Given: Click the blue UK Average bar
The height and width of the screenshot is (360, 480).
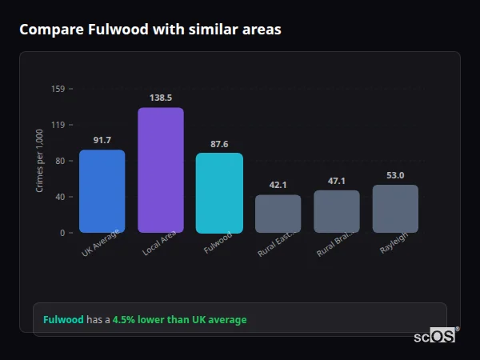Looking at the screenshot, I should coord(102,191).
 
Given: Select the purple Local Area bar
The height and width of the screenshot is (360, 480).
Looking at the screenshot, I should coord(160,170).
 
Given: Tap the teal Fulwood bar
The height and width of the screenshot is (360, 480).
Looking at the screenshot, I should coord(219,193).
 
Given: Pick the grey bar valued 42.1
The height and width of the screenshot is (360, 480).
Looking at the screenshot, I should coord(278,214).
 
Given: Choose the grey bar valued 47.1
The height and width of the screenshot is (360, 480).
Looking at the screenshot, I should coord(336,211).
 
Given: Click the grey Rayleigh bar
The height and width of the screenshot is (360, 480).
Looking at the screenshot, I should coord(395,209).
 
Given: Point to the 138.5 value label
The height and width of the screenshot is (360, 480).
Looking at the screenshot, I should coord(160,98).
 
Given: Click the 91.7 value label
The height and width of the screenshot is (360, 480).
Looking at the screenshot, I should coord(102,140).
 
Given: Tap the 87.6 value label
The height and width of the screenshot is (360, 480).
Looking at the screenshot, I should coord(219,144).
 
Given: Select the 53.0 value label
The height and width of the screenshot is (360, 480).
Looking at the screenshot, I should coord(395,175).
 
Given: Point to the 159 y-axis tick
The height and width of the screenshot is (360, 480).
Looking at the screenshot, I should coord(58,89).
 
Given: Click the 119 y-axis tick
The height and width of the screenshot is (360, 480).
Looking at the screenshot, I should coord(58,125).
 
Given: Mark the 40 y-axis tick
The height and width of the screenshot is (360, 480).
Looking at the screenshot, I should coord(59,197).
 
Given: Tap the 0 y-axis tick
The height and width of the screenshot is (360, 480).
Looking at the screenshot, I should coord(62,233).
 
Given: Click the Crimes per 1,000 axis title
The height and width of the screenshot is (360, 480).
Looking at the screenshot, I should coord(40,160).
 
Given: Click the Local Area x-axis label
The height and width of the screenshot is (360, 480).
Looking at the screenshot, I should coord(158,245).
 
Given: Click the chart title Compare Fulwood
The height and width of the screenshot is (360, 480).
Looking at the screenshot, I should coord(150,30).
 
